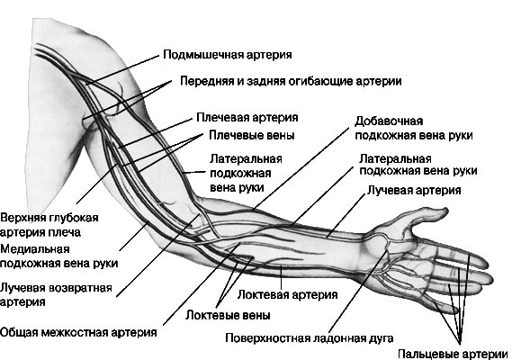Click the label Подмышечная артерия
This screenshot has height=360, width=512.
(228, 54)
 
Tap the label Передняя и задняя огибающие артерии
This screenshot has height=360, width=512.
(291, 81)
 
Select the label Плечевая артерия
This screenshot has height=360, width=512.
(247, 118)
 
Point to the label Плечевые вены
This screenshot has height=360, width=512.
(251, 135)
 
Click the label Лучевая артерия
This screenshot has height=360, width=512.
(414, 190)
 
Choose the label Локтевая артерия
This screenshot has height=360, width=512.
(287, 294)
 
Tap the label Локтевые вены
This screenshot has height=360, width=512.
(228, 315)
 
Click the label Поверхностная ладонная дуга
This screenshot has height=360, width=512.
(310, 338)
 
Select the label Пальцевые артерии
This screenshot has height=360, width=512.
(454, 354)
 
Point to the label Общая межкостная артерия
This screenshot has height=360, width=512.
(78, 333)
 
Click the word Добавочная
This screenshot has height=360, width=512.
(389, 121)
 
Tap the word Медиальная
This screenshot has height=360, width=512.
(35, 249)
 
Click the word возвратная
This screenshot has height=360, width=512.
(80, 288)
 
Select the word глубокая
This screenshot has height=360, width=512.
(74, 218)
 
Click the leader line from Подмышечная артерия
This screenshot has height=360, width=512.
(121, 70)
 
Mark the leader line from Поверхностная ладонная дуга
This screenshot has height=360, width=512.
(358, 292)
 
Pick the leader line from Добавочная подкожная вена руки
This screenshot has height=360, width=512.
(301, 169)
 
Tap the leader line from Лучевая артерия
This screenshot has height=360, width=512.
(346, 214)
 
